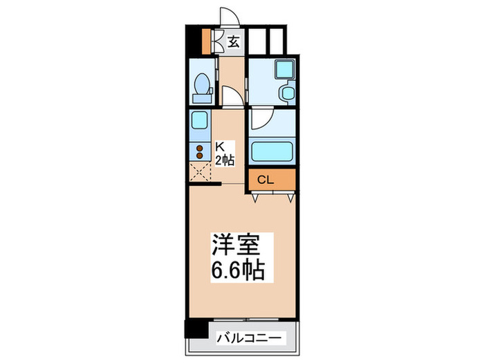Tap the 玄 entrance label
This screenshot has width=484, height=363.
(x=234, y=41)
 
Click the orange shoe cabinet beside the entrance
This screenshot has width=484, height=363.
(x=205, y=41)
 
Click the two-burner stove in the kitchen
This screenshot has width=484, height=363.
(x=200, y=152)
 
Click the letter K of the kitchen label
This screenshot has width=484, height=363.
(x=221, y=147)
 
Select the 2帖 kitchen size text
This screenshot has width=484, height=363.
(x=225, y=160)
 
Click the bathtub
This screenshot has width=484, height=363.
(x=272, y=151)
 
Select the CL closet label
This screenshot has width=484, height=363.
(x=266, y=180)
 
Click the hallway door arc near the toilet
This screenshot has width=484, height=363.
(x=232, y=95)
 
